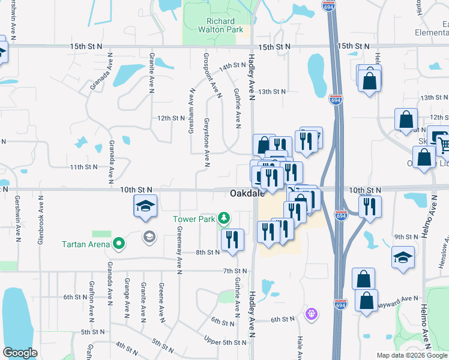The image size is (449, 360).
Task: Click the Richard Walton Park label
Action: click(x=217, y=25)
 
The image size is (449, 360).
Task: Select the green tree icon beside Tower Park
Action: click(x=224, y=218)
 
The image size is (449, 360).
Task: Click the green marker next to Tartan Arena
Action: click(x=119, y=244)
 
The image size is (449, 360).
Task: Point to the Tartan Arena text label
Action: click(x=86, y=244)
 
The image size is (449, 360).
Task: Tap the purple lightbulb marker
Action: click(x=311, y=313)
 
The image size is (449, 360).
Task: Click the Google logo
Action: click(x=20, y=353)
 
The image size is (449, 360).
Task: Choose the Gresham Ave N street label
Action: click(x=191, y=112)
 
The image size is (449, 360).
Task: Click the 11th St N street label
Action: click(x=83, y=167)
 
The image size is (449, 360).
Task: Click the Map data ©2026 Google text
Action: click(x=412, y=355)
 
